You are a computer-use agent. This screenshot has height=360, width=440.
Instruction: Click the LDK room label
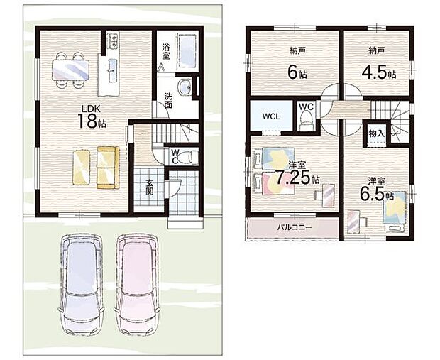pyautogui.click(x=91, y=109)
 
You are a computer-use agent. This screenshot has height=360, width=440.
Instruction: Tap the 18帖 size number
pyautogui.click(x=92, y=121)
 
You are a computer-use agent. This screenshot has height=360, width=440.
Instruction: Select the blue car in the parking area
pyautogui.click(x=82, y=285)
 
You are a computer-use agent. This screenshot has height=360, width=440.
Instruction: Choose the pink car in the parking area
pyautogui.click(x=137, y=285)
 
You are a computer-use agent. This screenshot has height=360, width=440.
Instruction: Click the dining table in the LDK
pyautogui.click(x=70, y=70)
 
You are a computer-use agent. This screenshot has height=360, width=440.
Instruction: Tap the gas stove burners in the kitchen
pyautogui.click(x=113, y=40)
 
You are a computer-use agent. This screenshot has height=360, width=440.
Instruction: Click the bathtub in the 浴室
pyautogui.click(x=187, y=51)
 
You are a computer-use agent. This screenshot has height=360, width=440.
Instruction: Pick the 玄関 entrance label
pyautogui.click(x=149, y=187)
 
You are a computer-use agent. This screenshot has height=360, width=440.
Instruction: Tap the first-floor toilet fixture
pyautogui.click(x=189, y=157)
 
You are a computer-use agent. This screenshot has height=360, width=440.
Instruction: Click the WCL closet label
pyautogui.click(x=271, y=116)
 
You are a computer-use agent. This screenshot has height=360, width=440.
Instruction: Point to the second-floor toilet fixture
pyautogui.click(x=306, y=120)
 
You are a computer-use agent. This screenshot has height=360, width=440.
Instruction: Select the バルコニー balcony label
pyautogui.click(x=295, y=227)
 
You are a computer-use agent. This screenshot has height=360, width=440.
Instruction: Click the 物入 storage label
pyautogui.click(x=377, y=133)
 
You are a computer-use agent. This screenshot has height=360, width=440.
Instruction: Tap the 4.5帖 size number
pyautogui.click(x=378, y=72)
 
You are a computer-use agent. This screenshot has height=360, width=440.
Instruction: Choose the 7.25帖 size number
pyautogui.click(x=297, y=178)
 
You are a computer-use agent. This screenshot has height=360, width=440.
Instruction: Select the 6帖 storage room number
pyautogui.click(x=297, y=72)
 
